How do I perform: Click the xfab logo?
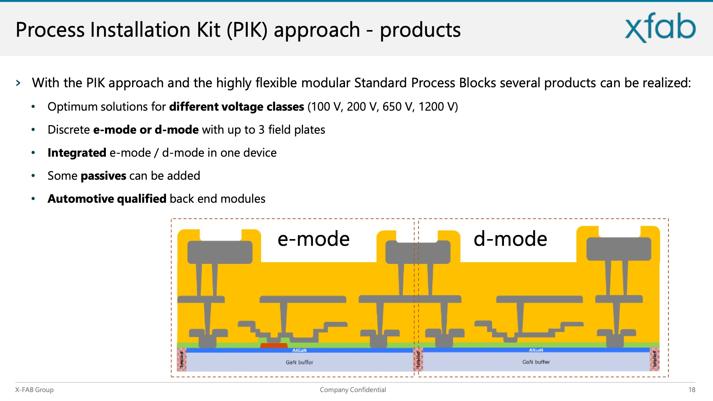pyautogui.click(x=660, y=27)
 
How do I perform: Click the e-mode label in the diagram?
pyautogui.click(x=313, y=239)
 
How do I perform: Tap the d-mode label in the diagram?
pyautogui.click(x=510, y=239)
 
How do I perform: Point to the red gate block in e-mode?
pyautogui.click(x=274, y=346)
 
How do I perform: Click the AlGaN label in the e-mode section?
pyautogui.click(x=299, y=350)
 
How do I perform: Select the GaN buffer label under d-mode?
pyautogui.click(x=536, y=362)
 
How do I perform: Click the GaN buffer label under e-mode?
pyautogui.click(x=299, y=362)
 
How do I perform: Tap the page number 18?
pyautogui.click(x=691, y=389)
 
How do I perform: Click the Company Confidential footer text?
pyautogui.click(x=353, y=389)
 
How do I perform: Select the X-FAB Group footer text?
pyautogui.click(x=34, y=389)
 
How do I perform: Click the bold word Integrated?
pyautogui.click(x=77, y=153)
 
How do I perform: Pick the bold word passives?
pyautogui.click(x=103, y=176)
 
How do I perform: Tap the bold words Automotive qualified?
pyautogui.click(x=107, y=199)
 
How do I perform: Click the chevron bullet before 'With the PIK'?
pyautogui.click(x=18, y=83)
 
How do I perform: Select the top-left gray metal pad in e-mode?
pyautogui.click(x=220, y=252)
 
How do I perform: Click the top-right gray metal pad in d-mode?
pyautogui.click(x=619, y=249)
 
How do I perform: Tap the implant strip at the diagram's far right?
pyautogui.click(x=654, y=359)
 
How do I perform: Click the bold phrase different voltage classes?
pyautogui.click(x=237, y=107)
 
